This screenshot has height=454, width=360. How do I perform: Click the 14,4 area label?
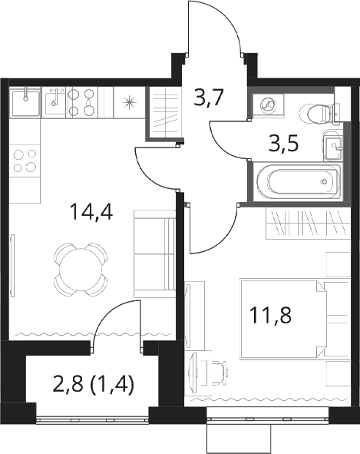click(x=91, y=212)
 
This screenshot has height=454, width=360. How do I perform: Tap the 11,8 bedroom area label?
click(x=271, y=315)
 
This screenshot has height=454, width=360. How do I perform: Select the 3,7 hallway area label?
click(x=210, y=98)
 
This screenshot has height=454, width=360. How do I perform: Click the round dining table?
click(x=81, y=270)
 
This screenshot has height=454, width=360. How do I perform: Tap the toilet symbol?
click(x=315, y=113)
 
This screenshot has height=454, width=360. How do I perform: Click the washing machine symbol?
click(x=269, y=106)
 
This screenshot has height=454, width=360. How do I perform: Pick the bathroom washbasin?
click(x=333, y=146)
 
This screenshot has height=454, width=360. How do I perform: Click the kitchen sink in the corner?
click(x=25, y=102)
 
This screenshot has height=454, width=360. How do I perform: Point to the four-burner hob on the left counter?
click(x=25, y=161)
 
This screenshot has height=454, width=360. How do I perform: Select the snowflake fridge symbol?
click(x=130, y=103)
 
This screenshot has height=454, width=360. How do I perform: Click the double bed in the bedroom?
click(x=294, y=319)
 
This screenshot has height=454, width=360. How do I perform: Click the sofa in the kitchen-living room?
click(x=155, y=254)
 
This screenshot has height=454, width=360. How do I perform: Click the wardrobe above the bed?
click(x=307, y=224)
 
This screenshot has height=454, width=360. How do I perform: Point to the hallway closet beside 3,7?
click(x=163, y=113)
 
